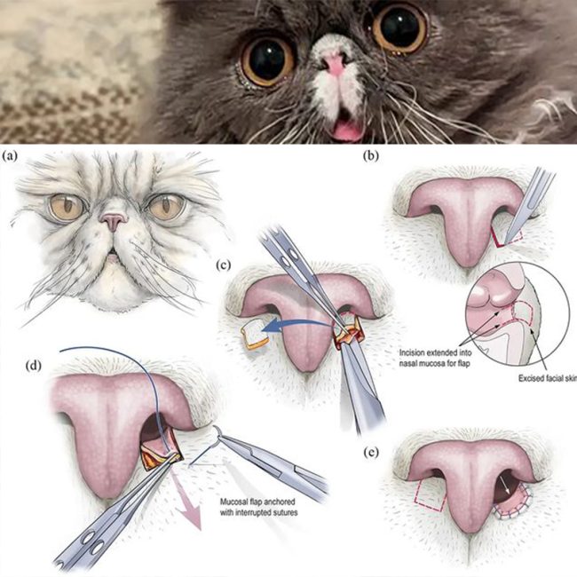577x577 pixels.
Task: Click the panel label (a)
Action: [x=10, y=156]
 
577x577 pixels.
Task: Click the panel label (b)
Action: [x=370, y=156]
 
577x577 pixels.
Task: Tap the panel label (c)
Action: [x=224, y=265]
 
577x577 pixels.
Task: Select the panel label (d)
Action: [x=33, y=366]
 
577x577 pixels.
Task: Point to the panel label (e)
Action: [x=370, y=453]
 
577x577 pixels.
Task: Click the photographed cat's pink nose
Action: [x=335, y=63]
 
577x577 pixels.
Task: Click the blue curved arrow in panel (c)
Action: [x=297, y=326]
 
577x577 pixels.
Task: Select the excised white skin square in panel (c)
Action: [x=255, y=334]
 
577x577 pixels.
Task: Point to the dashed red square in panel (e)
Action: [x=431, y=495]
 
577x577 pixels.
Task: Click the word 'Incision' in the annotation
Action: [x=413, y=352]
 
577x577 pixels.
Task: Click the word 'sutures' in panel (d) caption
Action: [x=284, y=512]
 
